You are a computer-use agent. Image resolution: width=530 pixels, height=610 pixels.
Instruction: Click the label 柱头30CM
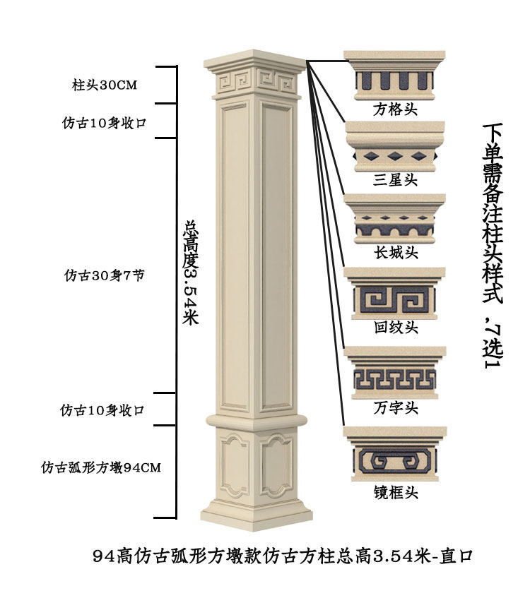(104, 85)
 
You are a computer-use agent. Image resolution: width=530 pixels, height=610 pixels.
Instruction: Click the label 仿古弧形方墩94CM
(100, 467)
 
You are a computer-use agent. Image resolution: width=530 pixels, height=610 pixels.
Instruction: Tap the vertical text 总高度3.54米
(190, 272)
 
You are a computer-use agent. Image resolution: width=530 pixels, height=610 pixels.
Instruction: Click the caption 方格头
(395, 111)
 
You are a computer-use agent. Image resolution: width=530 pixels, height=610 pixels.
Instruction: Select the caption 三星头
(395, 180)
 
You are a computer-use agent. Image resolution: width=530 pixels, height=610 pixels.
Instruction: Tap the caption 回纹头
(395, 328)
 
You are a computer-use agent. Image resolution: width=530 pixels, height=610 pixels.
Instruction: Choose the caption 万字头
(395, 408)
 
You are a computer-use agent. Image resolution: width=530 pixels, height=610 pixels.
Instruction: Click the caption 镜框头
(395, 492)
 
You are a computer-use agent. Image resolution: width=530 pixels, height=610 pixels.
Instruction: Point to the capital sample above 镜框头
(395, 455)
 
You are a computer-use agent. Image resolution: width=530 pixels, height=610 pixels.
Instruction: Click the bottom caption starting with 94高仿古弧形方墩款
(282, 556)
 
